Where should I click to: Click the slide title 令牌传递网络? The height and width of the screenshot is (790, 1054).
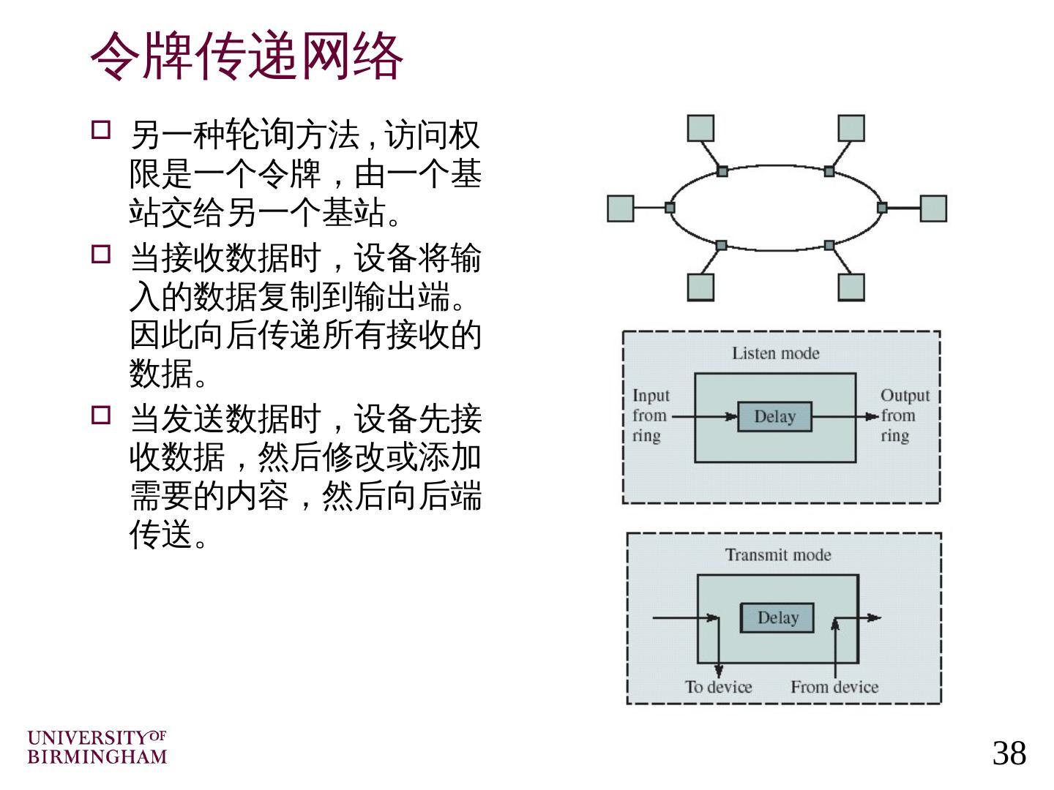tap(247, 56)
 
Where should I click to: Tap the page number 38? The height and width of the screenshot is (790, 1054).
tap(1009, 753)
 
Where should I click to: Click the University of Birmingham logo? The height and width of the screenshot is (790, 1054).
tap(97, 747)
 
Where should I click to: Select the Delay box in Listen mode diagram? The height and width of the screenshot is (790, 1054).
tap(774, 417)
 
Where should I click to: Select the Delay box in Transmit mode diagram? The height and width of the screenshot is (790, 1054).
tap(777, 618)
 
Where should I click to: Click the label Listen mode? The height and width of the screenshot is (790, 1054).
tap(775, 353)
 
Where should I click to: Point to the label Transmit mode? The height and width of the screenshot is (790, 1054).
tap(778, 555)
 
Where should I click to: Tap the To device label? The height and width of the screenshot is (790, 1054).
tap(718, 687)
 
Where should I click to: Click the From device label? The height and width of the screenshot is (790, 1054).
tap(834, 687)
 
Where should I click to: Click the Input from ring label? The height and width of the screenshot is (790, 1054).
tap(650, 415)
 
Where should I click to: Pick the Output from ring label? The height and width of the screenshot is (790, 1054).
tap(904, 415)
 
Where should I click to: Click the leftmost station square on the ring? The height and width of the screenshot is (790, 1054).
tap(621, 208)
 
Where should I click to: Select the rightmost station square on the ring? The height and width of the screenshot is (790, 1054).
tap(933, 208)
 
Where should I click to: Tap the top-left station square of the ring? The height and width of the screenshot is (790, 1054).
tap(700, 128)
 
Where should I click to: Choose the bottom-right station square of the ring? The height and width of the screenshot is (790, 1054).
tap(851, 287)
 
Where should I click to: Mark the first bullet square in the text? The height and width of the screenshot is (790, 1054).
tap(101, 131)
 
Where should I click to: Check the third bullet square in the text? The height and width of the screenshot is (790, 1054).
tap(101, 415)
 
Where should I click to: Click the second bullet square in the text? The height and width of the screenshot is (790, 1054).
tap(101, 255)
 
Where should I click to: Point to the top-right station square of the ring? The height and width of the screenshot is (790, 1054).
tap(851, 128)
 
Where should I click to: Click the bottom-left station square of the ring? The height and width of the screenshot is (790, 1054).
tap(700, 287)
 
